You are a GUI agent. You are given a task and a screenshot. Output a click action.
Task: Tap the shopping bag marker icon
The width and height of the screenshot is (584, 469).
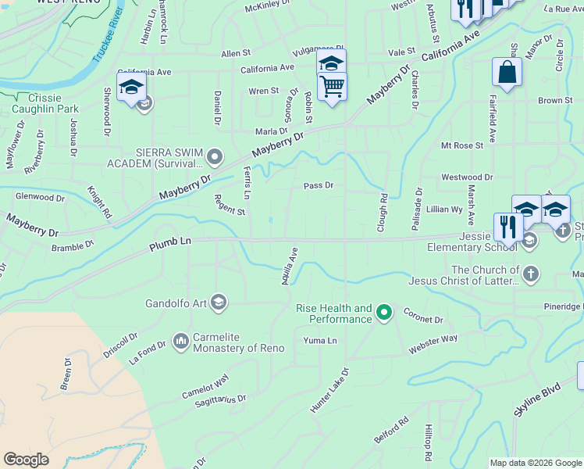pyautogui.click(x=507, y=73)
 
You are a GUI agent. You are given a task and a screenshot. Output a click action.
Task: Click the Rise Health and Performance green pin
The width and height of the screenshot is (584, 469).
pyautogui.click(x=383, y=313)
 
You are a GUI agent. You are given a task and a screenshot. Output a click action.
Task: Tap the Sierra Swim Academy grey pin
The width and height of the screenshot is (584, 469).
pyautogui.click(x=216, y=156)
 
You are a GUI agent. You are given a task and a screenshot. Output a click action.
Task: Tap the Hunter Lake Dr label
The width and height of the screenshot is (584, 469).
pyautogui.click(x=329, y=389)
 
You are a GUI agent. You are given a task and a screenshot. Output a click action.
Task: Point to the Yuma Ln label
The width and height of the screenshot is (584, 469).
pyautogui.click(x=320, y=341)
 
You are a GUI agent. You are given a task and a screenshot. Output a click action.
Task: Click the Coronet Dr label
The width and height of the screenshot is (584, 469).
pyautogui.click(x=423, y=316)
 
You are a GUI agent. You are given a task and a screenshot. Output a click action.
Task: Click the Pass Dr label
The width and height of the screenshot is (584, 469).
pyautogui.click(x=319, y=186)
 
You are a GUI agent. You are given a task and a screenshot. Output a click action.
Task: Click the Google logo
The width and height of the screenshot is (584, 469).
pyautogui.click(x=27, y=460)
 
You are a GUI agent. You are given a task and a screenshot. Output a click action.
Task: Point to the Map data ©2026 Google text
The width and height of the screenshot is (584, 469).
pyautogui.click(x=536, y=463)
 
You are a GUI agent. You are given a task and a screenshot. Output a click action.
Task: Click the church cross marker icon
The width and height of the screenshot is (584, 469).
pyautogui.click(x=530, y=274)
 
